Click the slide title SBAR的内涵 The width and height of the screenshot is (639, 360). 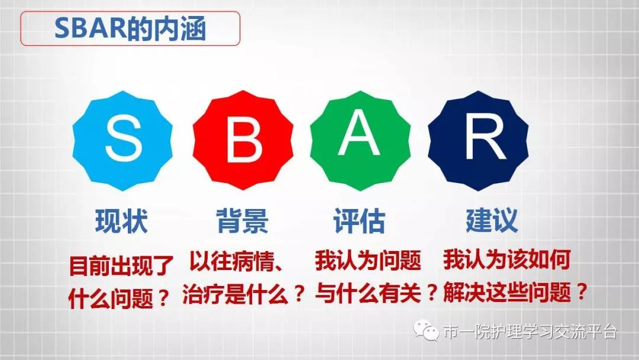click(x=130, y=28)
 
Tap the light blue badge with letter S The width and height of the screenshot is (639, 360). click(x=122, y=142)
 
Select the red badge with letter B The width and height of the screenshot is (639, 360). click(x=243, y=142)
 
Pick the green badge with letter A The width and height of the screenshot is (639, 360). click(x=360, y=142)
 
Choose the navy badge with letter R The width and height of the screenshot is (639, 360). click(x=477, y=142)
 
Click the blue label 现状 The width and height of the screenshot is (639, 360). click(x=121, y=221)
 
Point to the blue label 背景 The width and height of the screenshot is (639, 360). click(x=243, y=221)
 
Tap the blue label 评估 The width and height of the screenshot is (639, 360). click(x=359, y=221)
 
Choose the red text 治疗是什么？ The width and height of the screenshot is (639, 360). click(x=243, y=293)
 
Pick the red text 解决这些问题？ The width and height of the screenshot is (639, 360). click(x=515, y=292)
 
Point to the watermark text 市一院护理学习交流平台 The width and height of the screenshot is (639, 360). click(x=530, y=332)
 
